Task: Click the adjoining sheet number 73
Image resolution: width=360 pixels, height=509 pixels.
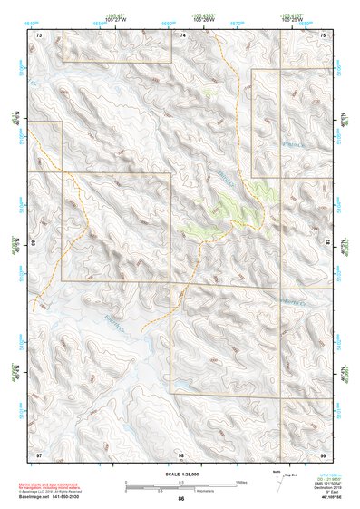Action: (39, 34)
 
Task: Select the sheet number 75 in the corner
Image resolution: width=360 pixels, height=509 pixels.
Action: (325, 34)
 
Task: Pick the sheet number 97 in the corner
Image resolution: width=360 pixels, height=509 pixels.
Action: (39, 453)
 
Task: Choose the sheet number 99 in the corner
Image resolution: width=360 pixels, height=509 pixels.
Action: (325, 453)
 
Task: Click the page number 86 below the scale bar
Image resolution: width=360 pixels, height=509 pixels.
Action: (181, 499)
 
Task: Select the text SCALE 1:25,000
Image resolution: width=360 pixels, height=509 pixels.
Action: (181, 474)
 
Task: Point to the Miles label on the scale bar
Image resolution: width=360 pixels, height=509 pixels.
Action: (240, 481)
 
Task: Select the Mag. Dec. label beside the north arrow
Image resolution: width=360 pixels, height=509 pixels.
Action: (288, 475)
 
